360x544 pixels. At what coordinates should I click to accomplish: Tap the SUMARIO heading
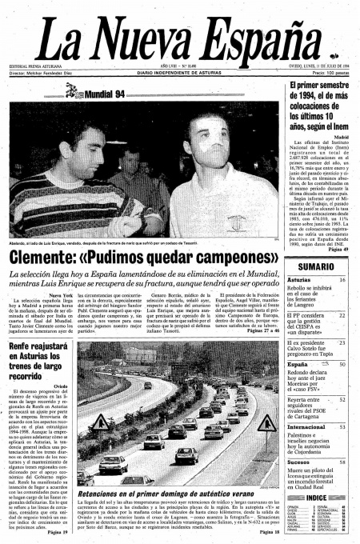(315, 266)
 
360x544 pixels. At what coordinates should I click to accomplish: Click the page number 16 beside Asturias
(342, 280)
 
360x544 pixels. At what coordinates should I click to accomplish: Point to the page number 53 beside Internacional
(342, 427)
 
